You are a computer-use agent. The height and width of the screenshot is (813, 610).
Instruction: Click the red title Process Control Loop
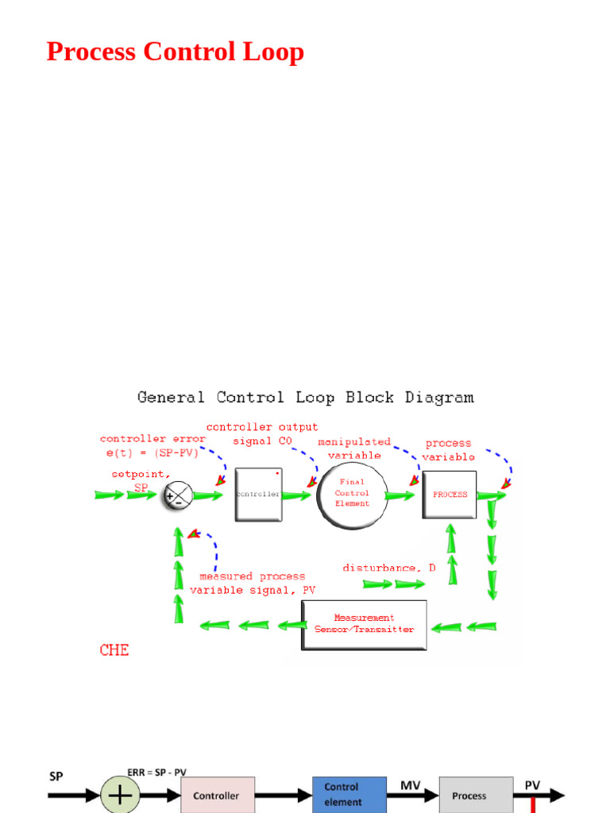pos(175,52)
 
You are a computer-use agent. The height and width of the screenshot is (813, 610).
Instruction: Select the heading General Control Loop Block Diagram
pos(305,397)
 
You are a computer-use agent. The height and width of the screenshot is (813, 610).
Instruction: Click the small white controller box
pos(258,494)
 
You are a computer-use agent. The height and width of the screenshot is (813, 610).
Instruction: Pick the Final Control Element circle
pos(353,494)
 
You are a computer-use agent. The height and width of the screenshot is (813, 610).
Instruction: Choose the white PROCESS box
pos(450,495)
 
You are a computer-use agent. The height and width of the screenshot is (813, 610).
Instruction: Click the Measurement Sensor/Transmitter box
pos(364,624)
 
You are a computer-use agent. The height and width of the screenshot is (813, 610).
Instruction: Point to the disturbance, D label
pos(389,568)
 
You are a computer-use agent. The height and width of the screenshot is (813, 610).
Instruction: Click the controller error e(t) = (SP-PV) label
pos(152,445)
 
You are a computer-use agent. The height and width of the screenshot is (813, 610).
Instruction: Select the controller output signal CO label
pos(262,433)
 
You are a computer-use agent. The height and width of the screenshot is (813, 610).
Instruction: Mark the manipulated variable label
pos(354,449)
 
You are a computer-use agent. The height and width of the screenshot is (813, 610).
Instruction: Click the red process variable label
pos(448,450)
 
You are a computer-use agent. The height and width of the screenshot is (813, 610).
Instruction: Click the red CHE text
pos(114,650)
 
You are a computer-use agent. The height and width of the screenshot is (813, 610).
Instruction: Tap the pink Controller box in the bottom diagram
pos(218,795)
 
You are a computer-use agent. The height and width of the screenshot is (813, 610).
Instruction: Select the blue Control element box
pos(349,794)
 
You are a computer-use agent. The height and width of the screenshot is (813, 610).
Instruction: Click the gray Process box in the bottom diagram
pos(476,795)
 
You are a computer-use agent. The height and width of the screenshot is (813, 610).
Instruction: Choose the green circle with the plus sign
pos(120,796)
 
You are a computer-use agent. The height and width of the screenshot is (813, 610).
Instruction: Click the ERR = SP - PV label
pos(156,772)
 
